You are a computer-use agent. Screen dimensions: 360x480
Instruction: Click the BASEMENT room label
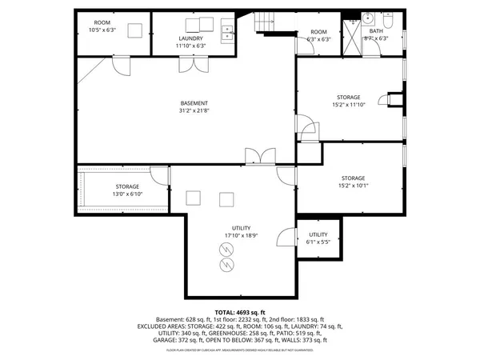pyautogui.click(x=194, y=103)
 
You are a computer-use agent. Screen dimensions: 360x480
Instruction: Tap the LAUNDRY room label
pyautogui.click(x=190, y=38)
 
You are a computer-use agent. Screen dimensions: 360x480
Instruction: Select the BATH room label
pyautogui.click(x=375, y=31)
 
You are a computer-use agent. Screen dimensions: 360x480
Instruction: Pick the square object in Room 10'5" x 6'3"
pyautogui.click(x=134, y=30)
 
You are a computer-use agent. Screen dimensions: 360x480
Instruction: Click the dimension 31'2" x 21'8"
pyautogui.click(x=194, y=110)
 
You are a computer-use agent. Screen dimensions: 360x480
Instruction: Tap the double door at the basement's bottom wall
pyautogui.click(x=261, y=157)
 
